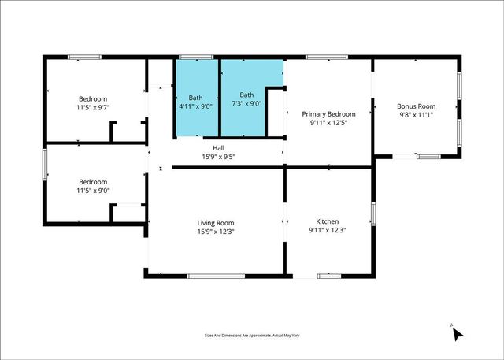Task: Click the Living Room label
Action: [215, 223]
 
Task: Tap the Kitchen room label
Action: [328, 221]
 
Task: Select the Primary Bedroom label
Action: [328, 114]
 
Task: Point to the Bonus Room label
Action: [416, 106]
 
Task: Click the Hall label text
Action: [218, 148]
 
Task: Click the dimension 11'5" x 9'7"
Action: [93, 107]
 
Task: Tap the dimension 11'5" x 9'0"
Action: [93, 189]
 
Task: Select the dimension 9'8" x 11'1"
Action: [416, 115]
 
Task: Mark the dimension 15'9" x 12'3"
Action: [215, 232]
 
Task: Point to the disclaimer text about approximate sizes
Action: [251, 336]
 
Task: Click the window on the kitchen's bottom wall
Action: [328, 276]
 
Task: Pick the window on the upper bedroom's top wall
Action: [83, 57]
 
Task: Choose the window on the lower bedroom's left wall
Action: [44, 165]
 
